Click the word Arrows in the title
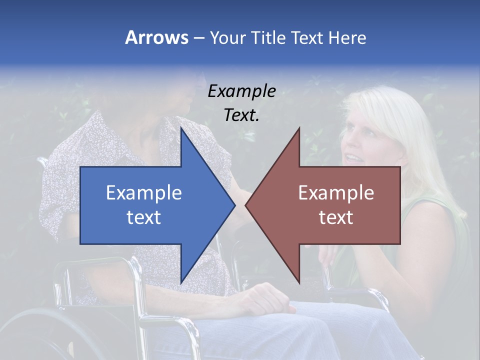156,37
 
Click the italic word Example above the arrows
241,91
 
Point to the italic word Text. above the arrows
241,115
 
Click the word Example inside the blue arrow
144,192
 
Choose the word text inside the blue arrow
144,217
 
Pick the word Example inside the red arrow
336,192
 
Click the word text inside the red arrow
336,217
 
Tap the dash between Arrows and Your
198,37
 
